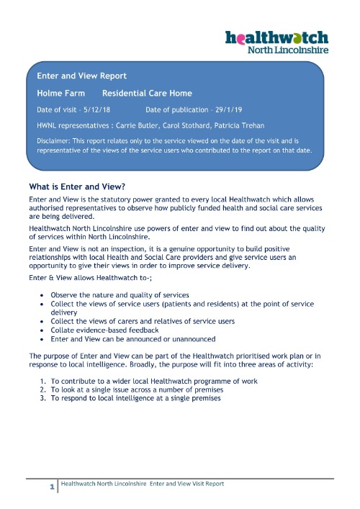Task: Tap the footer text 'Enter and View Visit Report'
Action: tap(186, 484)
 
